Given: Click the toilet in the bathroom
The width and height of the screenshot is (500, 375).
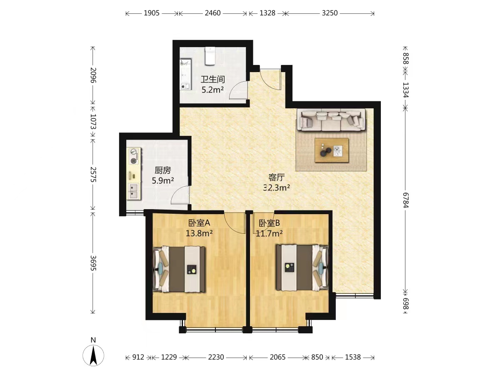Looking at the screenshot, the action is [210, 56].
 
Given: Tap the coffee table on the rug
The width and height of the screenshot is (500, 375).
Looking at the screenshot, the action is [331, 150].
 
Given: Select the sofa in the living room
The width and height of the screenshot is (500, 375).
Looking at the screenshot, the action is [331, 120].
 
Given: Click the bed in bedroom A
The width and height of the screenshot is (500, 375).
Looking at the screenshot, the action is [179, 269].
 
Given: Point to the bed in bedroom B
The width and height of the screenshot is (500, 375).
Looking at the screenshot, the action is [302, 267].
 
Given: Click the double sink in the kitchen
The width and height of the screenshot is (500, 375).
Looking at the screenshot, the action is [134, 192].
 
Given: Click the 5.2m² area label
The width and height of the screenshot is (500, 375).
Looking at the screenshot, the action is [212, 90].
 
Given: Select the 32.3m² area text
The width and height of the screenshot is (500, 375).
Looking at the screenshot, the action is [277, 187].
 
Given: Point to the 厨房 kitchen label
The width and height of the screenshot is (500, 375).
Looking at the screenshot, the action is [162, 170].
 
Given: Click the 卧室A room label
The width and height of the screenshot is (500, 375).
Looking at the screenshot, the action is [199, 223].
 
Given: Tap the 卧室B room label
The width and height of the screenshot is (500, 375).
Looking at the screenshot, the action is [269, 223].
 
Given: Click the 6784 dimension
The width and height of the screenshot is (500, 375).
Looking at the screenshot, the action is [406, 200].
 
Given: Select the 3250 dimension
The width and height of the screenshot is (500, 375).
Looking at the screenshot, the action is [330, 13].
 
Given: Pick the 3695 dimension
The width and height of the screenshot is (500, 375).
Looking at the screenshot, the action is [93, 263].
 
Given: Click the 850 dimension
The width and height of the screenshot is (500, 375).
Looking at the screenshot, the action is [317, 357].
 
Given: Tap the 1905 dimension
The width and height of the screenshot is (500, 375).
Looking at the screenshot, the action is [152, 13].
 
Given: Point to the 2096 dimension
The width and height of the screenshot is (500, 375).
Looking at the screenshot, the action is [93, 75].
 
